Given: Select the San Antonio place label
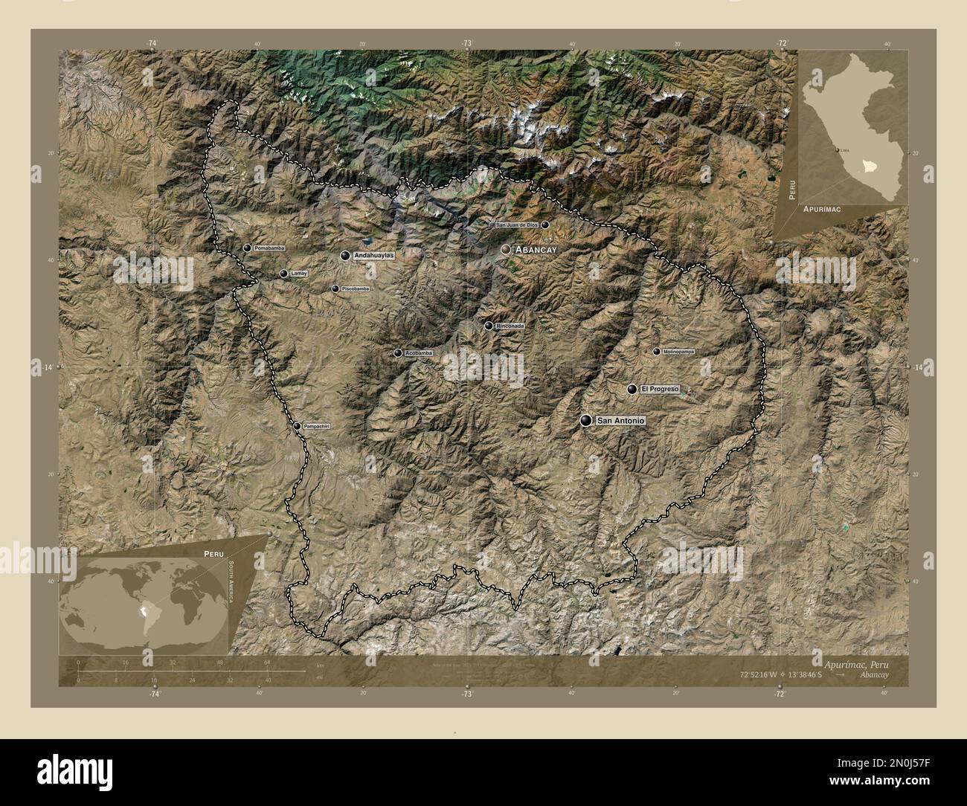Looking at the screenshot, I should click(620, 422).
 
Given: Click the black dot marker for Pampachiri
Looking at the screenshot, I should click(297, 426).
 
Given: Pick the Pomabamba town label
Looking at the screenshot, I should click(269, 248).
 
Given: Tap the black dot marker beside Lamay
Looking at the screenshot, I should click(283, 274).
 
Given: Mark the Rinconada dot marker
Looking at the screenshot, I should click(488, 326).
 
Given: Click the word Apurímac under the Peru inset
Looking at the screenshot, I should click(822, 210).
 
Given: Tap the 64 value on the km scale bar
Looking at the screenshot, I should click(266, 662).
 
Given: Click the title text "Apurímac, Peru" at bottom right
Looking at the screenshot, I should click(855, 662).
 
